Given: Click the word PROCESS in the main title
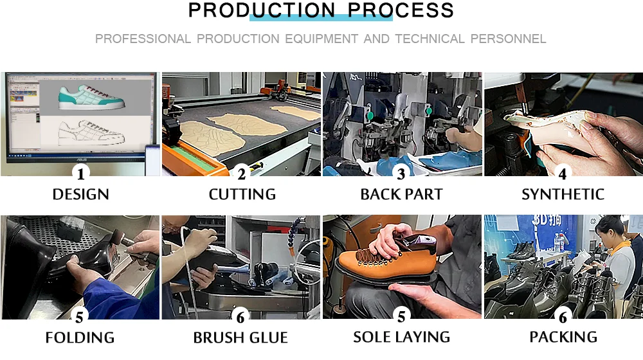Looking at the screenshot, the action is coord(401,10).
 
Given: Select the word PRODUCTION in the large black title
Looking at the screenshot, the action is coord(262,10).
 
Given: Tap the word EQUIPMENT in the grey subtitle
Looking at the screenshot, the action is coord(321,39).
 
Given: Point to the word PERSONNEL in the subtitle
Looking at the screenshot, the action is coord(508,39).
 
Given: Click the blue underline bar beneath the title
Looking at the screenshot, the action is coord(321,17).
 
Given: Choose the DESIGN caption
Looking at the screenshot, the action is coord(81,194).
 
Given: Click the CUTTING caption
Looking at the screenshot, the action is coord(242,194).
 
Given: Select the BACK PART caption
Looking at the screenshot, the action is coord(401,194).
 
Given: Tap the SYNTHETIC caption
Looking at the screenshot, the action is coord(563,194).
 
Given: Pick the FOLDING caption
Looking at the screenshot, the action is coord(80,337).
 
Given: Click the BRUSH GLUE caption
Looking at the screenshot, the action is coord(240,337).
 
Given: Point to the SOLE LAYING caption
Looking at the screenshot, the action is coord(401,337).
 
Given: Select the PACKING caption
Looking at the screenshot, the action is coord(563,337).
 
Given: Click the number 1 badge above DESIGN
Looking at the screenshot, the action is coord(81,174).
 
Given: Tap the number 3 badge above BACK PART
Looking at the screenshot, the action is coord(401,174).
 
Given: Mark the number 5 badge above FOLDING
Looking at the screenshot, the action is coord(80,316).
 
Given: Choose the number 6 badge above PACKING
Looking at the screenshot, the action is coord(563,316).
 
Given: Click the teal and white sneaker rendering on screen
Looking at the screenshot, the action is coord(91,98).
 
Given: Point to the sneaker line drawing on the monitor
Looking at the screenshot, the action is coord(91,132).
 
